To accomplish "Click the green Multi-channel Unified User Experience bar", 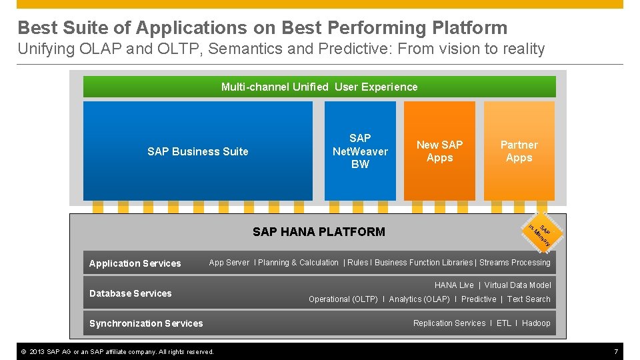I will [319, 87].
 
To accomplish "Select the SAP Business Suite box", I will [197, 151].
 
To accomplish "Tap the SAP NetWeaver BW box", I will [360, 151].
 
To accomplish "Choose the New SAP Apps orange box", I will [439, 151].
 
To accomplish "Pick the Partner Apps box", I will [519, 151].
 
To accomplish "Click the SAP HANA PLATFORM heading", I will [319, 232].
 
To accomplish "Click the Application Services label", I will [135, 263].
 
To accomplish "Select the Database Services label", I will [130, 293].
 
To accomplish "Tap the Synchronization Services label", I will [146, 323].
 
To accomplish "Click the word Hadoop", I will [536, 323].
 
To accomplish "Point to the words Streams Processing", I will [515, 263].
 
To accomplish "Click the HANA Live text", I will [454, 285].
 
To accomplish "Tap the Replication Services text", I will [449, 323].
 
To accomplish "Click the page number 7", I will [616, 351].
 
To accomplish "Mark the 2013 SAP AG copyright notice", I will [117, 351].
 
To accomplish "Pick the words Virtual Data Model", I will [517, 285].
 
